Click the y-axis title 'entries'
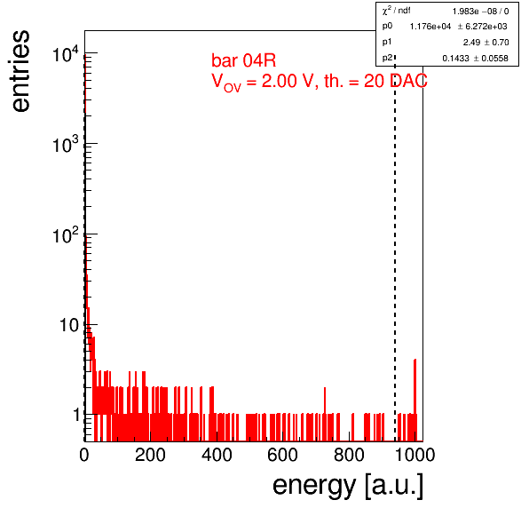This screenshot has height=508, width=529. point(21,71)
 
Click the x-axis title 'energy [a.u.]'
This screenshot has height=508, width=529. point(348,486)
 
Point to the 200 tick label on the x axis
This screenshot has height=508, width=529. point(150,455)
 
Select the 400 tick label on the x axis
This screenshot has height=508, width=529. point(217,455)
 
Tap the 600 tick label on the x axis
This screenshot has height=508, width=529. point(283,455)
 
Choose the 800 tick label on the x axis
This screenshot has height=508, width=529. point(349,455)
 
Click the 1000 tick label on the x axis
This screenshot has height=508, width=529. point(415,455)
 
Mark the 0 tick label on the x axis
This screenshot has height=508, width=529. point(84,455)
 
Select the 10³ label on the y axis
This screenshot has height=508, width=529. point(66,145)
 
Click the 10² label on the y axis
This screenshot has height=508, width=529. point(66,235)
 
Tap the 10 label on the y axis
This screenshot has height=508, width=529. point(69,325)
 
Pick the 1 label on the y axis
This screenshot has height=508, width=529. point(77,415)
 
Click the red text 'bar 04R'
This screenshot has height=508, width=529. point(243,60)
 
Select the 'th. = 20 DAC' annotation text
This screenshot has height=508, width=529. point(375,81)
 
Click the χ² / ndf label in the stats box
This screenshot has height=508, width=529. point(396,11)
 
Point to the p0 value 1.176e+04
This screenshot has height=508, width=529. point(430,27)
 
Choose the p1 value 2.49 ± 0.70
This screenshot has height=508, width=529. point(486,43)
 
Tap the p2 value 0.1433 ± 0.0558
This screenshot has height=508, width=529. point(475,59)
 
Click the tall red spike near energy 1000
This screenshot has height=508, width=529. point(415,400)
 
